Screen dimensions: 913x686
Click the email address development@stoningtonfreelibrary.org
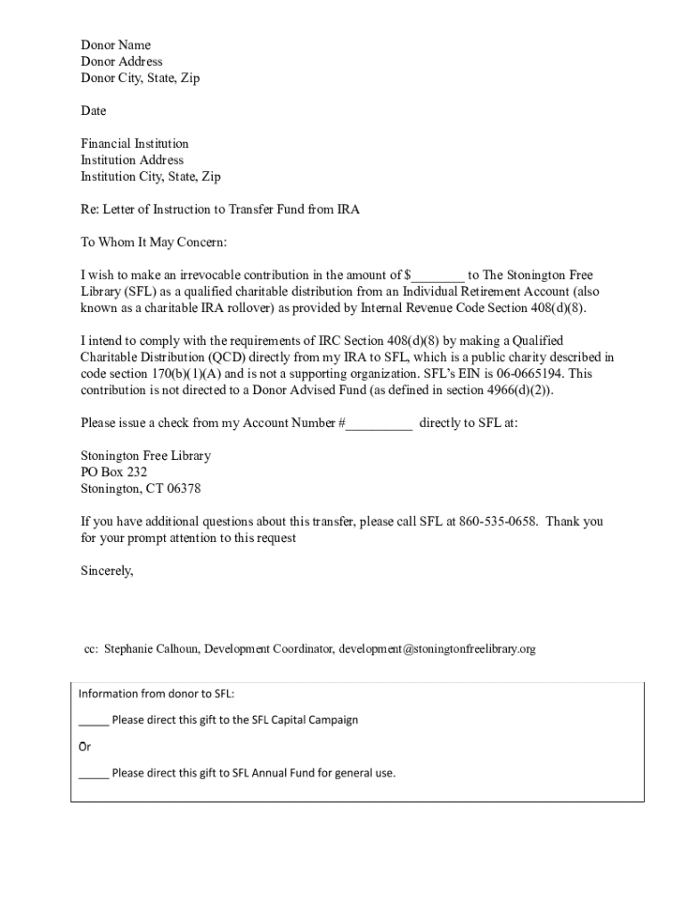pyautogui.click(x=437, y=649)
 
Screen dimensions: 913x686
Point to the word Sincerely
pyautogui.click(x=107, y=572)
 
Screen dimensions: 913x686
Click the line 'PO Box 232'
pyautogui.click(x=114, y=473)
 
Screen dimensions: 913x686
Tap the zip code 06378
pyautogui.click(x=184, y=489)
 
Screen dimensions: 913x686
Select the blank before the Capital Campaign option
pyautogui.click(x=94, y=720)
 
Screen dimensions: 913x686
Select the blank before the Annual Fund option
pyautogui.click(x=94, y=774)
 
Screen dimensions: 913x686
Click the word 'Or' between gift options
pyautogui.click(x=85, y=747)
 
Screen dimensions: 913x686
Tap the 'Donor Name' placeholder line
pyautogui.click(x=116, y=45)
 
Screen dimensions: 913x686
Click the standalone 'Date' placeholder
pyautogui.click(x=94, y=111)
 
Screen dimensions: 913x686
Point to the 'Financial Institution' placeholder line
pyautogui.click(x=135, y=144)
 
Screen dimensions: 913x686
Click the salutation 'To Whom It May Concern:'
pyautogui.click(x=154, y=243)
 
